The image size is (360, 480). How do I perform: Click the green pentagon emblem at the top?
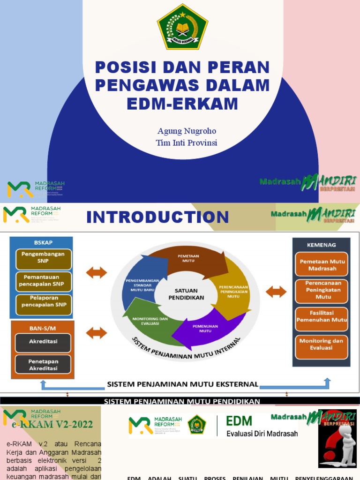(x=182, y=27)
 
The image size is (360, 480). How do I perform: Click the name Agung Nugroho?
(x=186, y=131)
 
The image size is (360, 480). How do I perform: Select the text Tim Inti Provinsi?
(x=186, y=142)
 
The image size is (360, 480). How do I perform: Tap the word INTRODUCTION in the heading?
(x=157, y=217)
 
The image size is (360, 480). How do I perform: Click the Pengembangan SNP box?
(x=43, y=260)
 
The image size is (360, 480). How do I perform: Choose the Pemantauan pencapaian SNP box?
(x=43, y=281)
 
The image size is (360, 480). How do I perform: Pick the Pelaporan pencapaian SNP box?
(x=43, y=305)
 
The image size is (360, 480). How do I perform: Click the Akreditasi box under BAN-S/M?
(x=43, y=342)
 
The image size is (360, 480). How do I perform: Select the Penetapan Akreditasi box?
(x=43, y=365)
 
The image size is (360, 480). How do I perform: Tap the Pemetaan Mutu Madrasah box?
(x=322, y=265)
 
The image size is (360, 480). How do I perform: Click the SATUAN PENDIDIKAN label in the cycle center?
(x=187, y=294)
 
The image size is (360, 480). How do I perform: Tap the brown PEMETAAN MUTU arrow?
(x=187, y=258)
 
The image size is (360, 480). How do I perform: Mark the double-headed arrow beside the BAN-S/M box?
(x=97, y=333)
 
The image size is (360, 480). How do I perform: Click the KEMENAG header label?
(x=322, y=245)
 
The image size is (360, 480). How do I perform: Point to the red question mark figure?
(x=337, y=438)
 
